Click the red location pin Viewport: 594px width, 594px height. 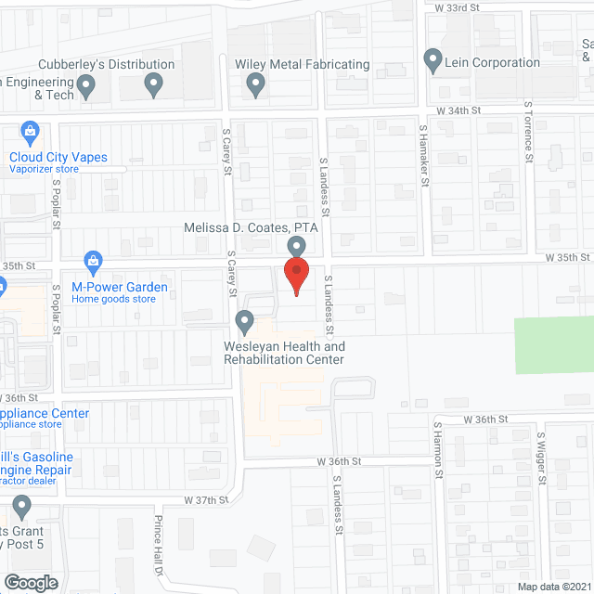tap(295, 276)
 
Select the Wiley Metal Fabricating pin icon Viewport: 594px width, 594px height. tap(257, 86)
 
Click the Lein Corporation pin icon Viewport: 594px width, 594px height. tap(433, 61)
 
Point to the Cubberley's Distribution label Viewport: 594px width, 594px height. tap(106, 65)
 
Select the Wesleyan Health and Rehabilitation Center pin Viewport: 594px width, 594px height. tap(245, 322)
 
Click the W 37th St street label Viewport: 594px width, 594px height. tap(205, 500)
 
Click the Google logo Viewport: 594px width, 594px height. tap(30, 583)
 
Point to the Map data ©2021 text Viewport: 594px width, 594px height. tap(553, 587)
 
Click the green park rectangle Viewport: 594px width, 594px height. tap(554, 345)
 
